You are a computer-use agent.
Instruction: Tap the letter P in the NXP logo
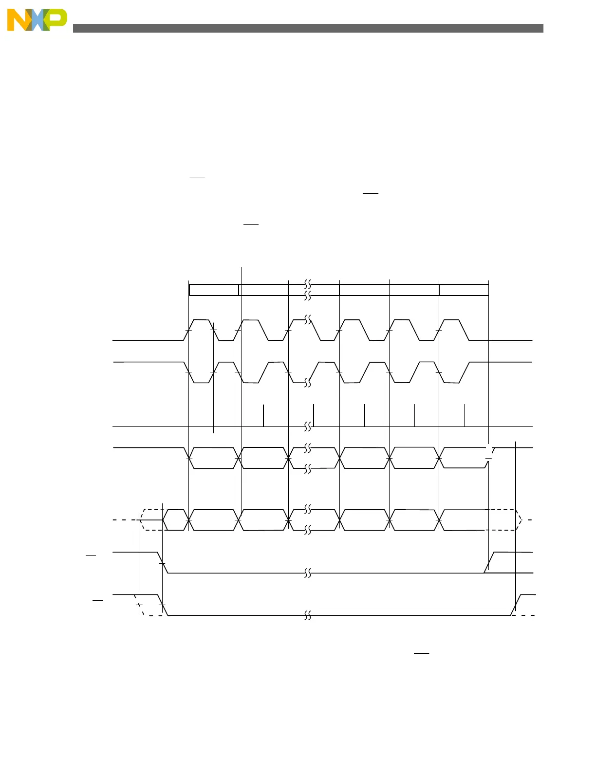[x=56, y=19]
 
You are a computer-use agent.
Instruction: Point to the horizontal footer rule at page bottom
[x=298, y=729]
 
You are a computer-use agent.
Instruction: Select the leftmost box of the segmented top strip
[x=214, y=290]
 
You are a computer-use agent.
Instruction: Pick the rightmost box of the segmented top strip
[x=464, y=290]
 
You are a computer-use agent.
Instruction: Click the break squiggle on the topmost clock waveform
[x=308, y=320]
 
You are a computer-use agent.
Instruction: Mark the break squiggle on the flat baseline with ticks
[x=308, y=427]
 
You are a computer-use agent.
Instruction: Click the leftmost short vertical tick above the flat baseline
[x=263, y=415]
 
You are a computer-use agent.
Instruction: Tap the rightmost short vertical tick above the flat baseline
[x=464, y=415]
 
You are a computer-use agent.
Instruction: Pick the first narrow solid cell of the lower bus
[x=175, y=520]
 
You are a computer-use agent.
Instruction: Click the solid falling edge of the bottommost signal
[x=163, y=605]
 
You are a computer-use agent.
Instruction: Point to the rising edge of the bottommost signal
[x=516, y=605]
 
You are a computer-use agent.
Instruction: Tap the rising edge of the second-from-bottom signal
[x=488, y=563]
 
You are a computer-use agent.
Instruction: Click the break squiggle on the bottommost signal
[x=308, y=616]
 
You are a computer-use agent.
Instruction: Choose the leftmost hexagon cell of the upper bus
[x=213, y=458]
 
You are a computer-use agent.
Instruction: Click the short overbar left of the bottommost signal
[x=98, y=600]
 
